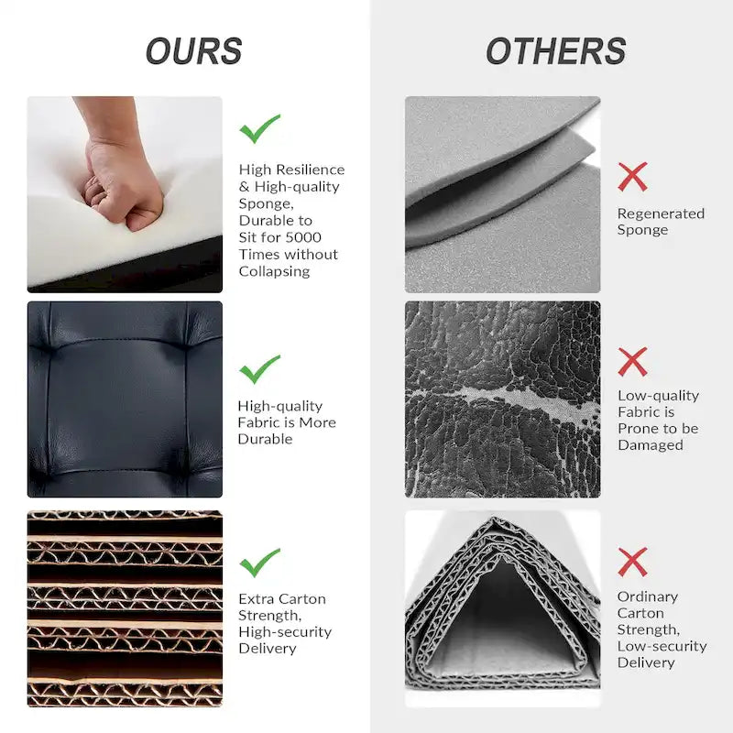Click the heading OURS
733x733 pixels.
click(193, 51)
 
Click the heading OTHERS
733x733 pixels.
click(556, 51)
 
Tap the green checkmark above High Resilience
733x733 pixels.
click(259, 128)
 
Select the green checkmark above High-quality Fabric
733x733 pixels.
click(259, 369)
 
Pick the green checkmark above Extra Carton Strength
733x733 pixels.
click(259, 563)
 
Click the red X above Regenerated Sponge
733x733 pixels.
click(632, 177)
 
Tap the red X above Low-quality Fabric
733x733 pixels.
click(632, 362)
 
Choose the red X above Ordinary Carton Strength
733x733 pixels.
click(632, 562)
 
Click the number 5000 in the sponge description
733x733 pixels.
click(303, 237)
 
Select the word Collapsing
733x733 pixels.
click(274, 271)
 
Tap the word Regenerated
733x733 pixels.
click(661, 214)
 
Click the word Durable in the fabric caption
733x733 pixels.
click(265, 439)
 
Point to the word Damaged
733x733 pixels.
click(651, 445)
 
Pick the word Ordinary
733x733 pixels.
click(648, 597)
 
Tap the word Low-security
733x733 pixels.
click(662, 646)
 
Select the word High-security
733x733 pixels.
click(285, 632)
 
